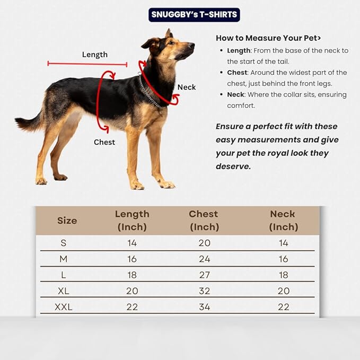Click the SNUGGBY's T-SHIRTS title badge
194,14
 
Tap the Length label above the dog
95,55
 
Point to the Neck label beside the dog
187,87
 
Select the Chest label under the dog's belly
104,142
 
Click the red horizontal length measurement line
87,64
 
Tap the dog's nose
192,46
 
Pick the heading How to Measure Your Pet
268,38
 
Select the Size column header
67,221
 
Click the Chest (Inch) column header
204,221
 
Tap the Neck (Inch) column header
283,221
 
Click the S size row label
64,243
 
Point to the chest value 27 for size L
204,275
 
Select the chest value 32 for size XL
204,291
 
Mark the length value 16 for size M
131,259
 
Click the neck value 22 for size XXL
283,307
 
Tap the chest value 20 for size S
204,243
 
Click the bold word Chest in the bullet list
237,73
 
